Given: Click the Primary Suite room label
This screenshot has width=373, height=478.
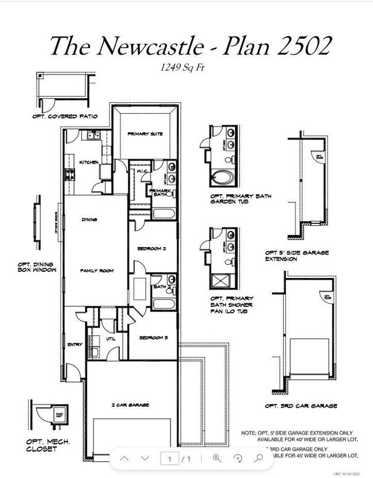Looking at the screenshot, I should point(145,134).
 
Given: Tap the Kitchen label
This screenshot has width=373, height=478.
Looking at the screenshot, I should point(88,162).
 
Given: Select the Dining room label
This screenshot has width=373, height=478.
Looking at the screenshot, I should point(89,219).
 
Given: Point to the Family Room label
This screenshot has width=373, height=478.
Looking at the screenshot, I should point(96,271).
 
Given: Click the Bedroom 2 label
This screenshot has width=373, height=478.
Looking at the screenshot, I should point(151,249).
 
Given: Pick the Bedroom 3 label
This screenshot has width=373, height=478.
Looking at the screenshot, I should point(153,338).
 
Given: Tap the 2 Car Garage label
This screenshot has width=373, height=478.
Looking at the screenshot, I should point(130,405).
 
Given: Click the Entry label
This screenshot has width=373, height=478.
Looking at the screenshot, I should point(75,345).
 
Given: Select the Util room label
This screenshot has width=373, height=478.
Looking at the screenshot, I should point(111,339).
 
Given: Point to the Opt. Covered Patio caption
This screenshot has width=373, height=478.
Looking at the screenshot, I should point(65,117).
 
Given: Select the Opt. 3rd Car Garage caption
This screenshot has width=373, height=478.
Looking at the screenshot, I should point(301,406).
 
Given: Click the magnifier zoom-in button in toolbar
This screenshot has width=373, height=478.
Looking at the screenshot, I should point(217,458).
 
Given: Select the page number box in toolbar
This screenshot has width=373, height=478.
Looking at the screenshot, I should point(169,458).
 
